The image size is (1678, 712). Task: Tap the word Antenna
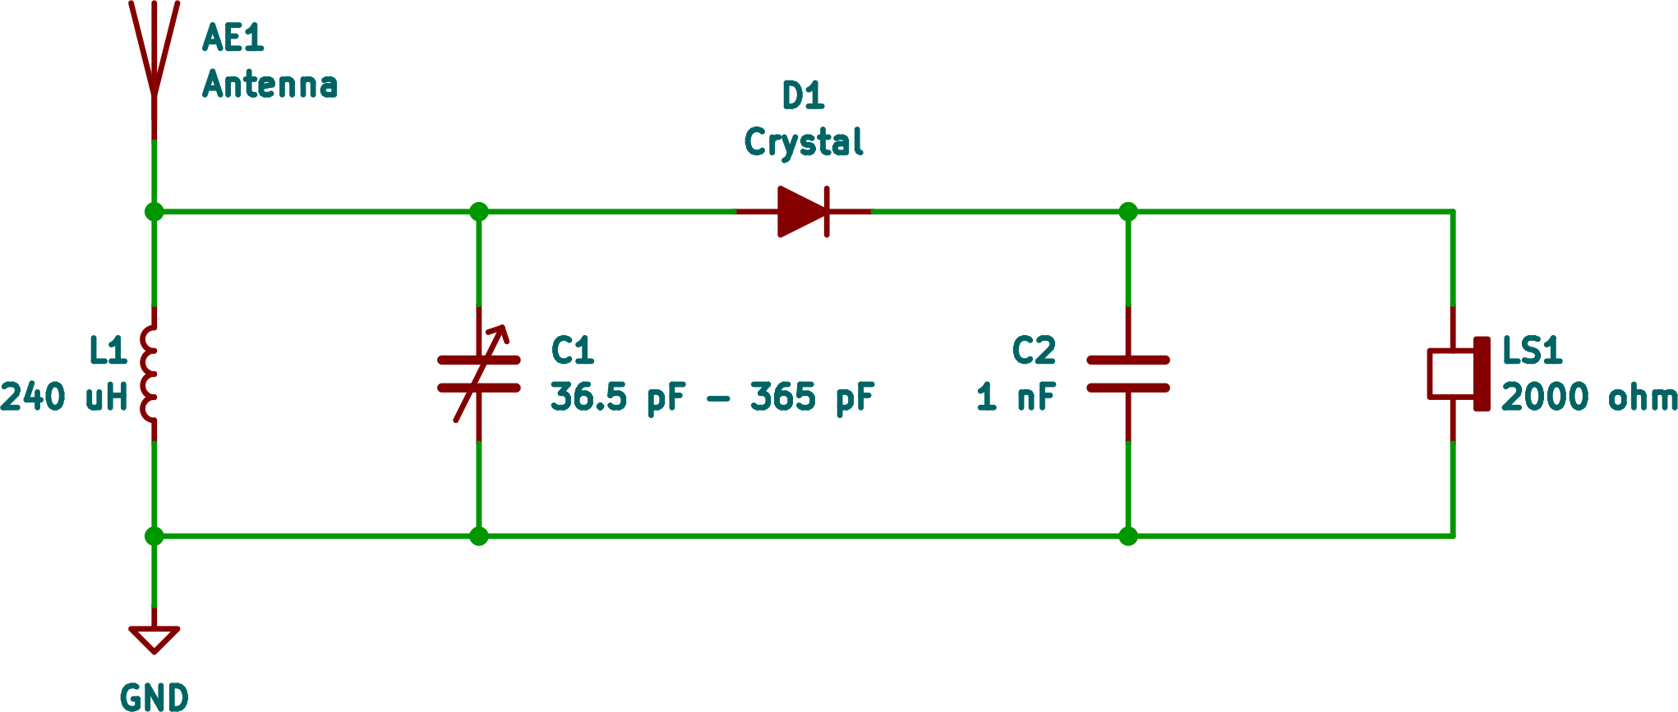[270, 85]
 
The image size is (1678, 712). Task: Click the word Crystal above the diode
[803, 142]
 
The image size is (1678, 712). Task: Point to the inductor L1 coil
[150, 374]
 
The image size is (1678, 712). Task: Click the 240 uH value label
[64, 397]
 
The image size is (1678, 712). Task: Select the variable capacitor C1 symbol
[479, 374]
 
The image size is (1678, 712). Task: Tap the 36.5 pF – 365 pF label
[712, 397]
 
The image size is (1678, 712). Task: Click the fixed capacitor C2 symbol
[1128, 374]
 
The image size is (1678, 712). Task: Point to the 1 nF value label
[1016, 397]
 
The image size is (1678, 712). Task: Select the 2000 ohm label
[1588, 397]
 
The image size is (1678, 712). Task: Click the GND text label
[154, 697]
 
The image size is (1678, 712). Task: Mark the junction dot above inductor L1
[154, 212]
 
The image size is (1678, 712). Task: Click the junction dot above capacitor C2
[1128, 212]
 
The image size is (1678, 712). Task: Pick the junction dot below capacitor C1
[479, 536]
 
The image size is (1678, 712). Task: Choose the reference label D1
[803, 96]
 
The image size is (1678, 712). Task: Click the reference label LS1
[1531, 351]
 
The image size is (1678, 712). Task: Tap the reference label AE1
[233, 39]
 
